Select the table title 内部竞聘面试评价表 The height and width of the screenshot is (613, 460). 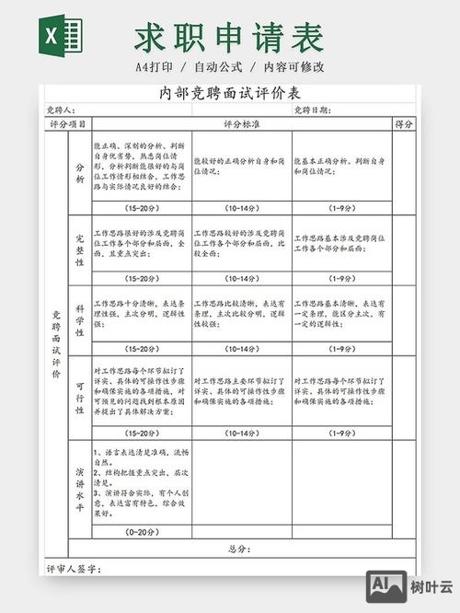[x=229, y=94]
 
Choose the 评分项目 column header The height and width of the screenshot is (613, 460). [x=68, y=123]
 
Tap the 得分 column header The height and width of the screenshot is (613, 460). [x=403, y=123]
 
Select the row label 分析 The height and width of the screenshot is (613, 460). [x=80, y=173]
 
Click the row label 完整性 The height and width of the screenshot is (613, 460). [x=80, y=249]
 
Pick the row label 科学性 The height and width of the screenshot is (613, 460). [x=80, y=320]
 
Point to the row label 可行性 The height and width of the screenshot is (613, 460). [x=80, y=394]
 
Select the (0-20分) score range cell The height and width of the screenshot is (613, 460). [x=142, y=532]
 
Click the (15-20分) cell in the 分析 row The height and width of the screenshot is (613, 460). [x=142, y=208]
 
